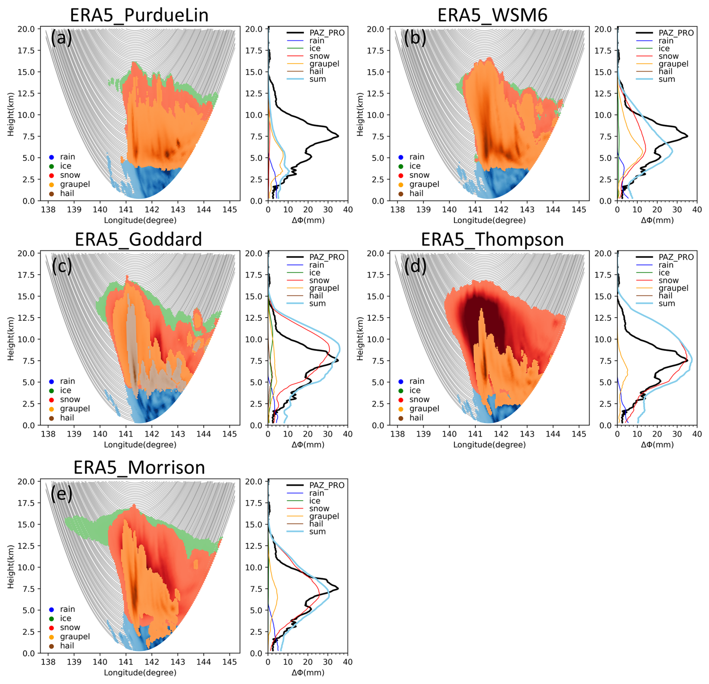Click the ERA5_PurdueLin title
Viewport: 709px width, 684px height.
pyautogui.click(x=139, y=15)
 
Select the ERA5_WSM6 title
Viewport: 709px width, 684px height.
pyautogui.click(x=492, y=15)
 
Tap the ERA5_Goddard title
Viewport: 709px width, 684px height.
pyautogui.click(x=138, y=239)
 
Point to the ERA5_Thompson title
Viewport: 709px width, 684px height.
pyautogui.click(x=492, y=239)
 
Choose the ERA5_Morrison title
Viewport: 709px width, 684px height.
pyautogui.click(x=139, y=467)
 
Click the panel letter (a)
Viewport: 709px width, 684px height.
pyautogui.click(x=61, y=37)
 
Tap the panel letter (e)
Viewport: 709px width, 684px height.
pyautogui.click(x=61, y=494)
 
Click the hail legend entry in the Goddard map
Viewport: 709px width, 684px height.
pyautogui.click(x=67, y=418)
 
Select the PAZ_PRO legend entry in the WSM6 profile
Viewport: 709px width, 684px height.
pyautogui.click(x=676, y=33)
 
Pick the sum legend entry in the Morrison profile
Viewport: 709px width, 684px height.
pyautogui.click(x=317, y=532)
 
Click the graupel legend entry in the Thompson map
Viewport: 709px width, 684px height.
pyautogui.click(x=424, y=408)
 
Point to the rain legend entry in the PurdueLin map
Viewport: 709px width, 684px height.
pyautogui.click(x=67, y=157)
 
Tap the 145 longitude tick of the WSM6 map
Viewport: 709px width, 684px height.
pyautogui.click(x=579, y=209)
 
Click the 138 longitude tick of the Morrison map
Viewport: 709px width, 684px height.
pyautogui.click(x=48, y=662)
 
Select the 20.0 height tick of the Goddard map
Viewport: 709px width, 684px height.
pyautogui.click(x=26, y=253)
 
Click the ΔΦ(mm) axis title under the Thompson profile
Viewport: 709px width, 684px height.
pyautogui.click(x=657, y=445)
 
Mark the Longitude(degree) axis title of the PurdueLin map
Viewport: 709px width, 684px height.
pyautogui.click(x=140, y=220)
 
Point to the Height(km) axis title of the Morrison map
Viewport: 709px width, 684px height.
pyautogui.click(x=10, y=566)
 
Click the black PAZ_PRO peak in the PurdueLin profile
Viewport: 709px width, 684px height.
pyautogui.click(x=338, y=136)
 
